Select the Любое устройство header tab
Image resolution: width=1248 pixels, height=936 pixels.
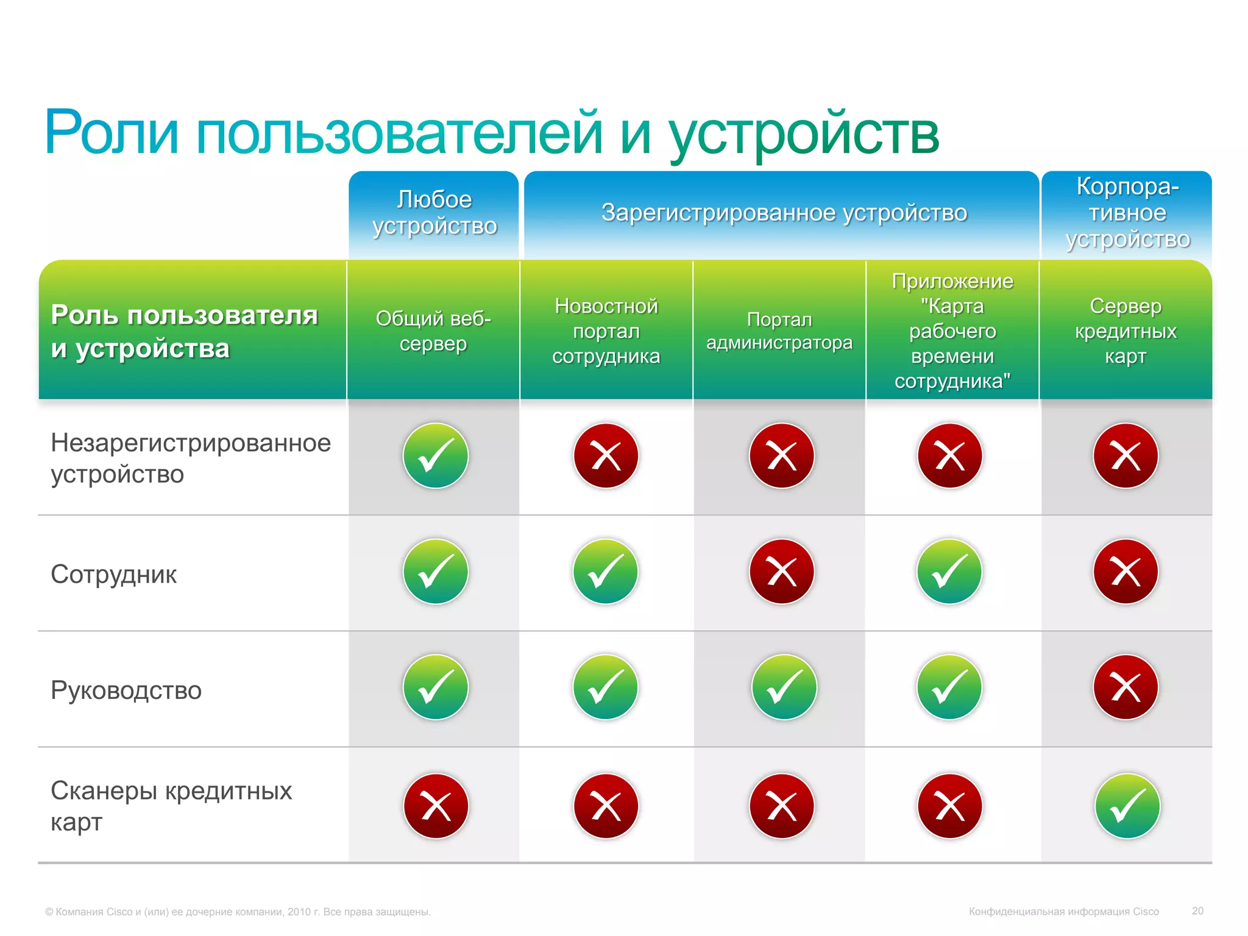pos(434,213)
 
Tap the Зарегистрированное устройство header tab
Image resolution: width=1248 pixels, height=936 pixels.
pos(784,213)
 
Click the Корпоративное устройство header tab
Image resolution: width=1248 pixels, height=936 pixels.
pos(1127,213)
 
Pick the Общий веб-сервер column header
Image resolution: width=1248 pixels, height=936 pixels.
pos(433,331)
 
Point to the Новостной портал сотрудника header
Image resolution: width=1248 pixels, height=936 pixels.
pos(606,331)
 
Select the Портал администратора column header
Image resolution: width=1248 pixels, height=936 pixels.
pos(779,331)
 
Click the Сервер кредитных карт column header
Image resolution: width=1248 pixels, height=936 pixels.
pos(1126,331)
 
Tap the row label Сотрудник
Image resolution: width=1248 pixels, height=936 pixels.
pos(114,574)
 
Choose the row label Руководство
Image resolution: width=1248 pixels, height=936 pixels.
pos(126,690)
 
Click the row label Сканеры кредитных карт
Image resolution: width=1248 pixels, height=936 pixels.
pos(171,806)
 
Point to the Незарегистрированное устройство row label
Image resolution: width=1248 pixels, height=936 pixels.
pos(190,458)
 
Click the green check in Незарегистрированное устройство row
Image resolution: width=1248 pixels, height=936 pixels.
pos(436,456)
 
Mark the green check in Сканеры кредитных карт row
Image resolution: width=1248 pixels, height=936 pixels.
pos(1127,806)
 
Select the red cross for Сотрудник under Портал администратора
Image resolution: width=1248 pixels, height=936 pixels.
pos(782,572)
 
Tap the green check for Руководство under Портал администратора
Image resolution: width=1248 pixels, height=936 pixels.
pos(784,687)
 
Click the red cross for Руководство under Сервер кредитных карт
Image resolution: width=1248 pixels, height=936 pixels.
pos(1126,687)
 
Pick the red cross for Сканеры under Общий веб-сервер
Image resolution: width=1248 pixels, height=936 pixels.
pos(436,806)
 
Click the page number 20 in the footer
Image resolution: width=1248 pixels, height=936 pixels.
pos(1197,911)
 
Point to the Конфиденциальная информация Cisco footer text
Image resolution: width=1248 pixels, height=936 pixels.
pos(1064,912)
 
